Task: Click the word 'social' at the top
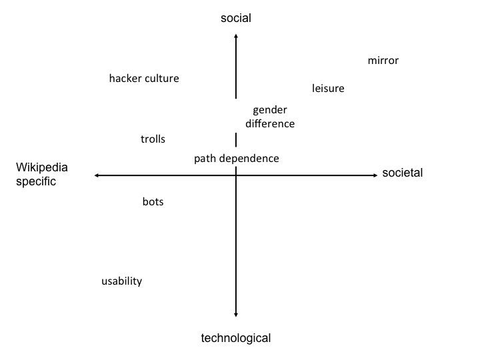(236, 18)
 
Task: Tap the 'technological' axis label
(236, 338)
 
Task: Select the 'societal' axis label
(402, 173)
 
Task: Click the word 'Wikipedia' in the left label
(41, 167)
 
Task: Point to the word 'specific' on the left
(36, 181)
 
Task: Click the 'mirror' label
(383, 61)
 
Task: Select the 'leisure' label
(328, 89)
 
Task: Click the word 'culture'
(161, 79)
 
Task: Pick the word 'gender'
(270, 110)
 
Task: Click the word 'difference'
(270, 124)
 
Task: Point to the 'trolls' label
(153, 139)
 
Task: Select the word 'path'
(205, 159)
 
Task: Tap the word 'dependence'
(249, 159)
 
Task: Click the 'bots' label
(153, 202)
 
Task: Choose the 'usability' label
(121, 281)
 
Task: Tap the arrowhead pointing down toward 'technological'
(236, 315)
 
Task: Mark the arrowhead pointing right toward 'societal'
(376, 175)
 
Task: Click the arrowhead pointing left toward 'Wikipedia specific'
(95, 175)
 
